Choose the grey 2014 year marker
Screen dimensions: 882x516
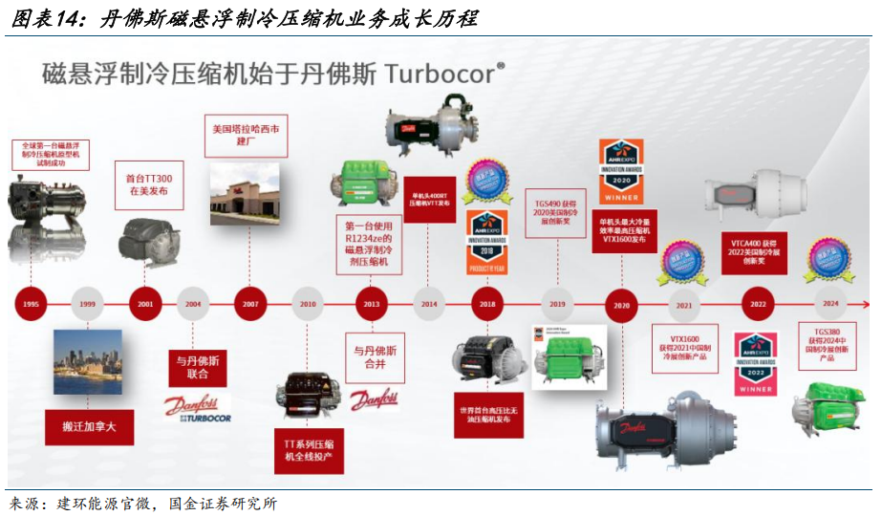(429, 304)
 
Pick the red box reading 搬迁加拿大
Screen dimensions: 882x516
(88, 426)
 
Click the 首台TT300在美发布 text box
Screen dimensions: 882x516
(150, 184)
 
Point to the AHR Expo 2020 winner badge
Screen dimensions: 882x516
(620, 170)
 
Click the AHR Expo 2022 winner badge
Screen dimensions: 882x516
(755, 363)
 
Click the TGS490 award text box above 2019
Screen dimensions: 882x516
(558, 212)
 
